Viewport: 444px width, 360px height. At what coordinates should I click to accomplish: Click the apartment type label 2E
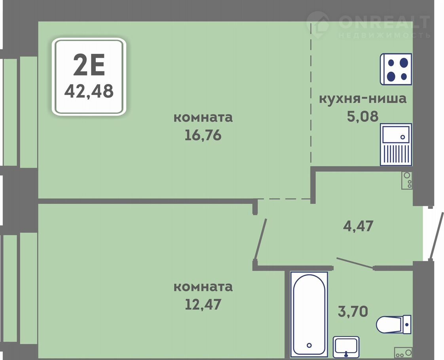coord(89,65)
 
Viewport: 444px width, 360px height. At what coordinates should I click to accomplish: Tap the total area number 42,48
coord(89,91)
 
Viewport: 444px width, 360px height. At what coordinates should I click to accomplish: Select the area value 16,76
coord(203,135)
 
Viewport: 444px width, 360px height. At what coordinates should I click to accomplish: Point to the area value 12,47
coord(203,304)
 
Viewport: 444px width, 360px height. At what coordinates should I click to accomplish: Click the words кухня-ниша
coord(363,99)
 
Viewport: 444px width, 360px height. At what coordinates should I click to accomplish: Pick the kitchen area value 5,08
coord(363,116)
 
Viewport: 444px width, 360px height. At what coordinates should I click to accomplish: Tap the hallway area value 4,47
coord(358,226)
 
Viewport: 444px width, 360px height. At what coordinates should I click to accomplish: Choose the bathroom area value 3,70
coord(353,311)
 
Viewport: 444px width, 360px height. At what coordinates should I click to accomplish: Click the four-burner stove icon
coord(396,69)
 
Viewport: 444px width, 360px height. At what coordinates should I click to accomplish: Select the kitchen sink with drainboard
coord(396,144)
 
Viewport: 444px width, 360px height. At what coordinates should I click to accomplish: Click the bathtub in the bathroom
coord(309,314)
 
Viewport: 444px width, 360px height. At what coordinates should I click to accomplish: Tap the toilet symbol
coord(394,324)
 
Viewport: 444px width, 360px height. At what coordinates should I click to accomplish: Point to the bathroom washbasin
coord(346,347)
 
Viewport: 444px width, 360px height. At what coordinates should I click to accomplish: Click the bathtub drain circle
coord(309,345)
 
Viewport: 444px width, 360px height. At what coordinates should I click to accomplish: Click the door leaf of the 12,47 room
coord(261,239)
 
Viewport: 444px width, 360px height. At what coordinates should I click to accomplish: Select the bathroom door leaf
coord(355,263)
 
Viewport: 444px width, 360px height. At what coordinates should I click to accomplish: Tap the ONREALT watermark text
coord(384,22)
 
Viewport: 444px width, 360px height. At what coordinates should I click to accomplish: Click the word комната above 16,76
coord(203,117)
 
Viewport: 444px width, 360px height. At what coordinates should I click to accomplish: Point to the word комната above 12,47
coord(203,287)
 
